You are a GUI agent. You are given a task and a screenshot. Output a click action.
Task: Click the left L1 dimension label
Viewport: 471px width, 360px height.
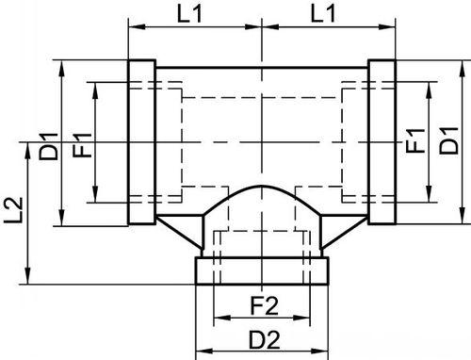pos(189,14)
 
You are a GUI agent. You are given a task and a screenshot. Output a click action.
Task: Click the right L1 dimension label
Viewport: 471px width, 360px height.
pos(323,14)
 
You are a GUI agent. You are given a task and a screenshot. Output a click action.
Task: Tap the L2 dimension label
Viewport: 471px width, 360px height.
pos(14,210)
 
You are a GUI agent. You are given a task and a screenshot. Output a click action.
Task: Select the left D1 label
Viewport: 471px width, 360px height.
pos(48,146)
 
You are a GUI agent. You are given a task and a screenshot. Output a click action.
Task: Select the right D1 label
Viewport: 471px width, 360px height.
pos(448,140)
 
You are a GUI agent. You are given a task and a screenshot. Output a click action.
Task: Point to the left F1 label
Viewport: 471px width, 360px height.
pos(82,145)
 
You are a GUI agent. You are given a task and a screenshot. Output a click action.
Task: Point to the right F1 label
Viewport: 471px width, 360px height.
pos(415,140)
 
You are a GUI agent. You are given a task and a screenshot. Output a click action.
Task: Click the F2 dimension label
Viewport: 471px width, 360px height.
pos(264,306)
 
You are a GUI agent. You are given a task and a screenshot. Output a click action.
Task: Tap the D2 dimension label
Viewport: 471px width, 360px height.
pos(265,340)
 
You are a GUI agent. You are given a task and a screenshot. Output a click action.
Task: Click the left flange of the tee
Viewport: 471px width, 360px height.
pos(141,142)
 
